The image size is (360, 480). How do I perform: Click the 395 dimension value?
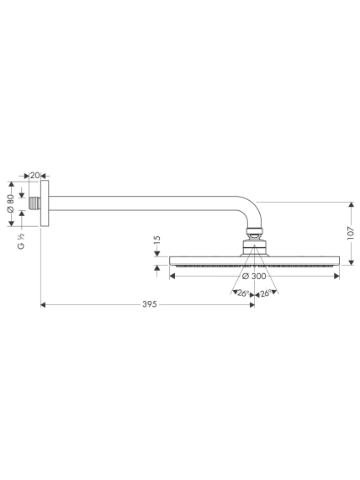click(150, 304)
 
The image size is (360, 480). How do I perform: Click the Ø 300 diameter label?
click(254, 276)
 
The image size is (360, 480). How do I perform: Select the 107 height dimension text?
click(351, 233)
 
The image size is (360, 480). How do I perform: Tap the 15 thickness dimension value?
click(156, 241)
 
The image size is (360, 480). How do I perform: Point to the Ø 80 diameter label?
click(11, 203)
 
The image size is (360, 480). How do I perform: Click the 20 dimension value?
click(35, 176)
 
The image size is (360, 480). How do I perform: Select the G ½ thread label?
click(21, 241)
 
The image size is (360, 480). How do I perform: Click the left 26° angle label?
click(243, 293)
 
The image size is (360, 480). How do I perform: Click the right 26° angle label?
click(265, 293)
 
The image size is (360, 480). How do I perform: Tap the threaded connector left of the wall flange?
click(34, 203)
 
